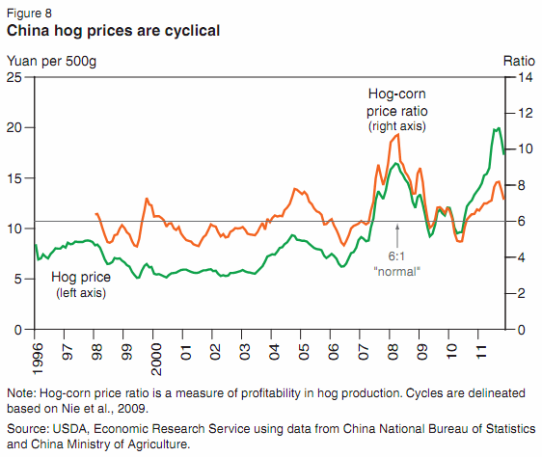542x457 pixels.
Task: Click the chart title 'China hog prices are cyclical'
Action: pos(113,31)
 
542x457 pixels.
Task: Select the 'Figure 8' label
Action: pos(29,13)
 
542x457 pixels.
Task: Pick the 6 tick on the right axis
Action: pos(523,221)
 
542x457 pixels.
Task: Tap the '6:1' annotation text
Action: pos(397,257)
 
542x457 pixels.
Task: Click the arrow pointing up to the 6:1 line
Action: pos(397,234)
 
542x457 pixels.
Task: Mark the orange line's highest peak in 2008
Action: pos(398,134)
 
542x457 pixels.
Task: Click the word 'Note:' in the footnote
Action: pos(21,394)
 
